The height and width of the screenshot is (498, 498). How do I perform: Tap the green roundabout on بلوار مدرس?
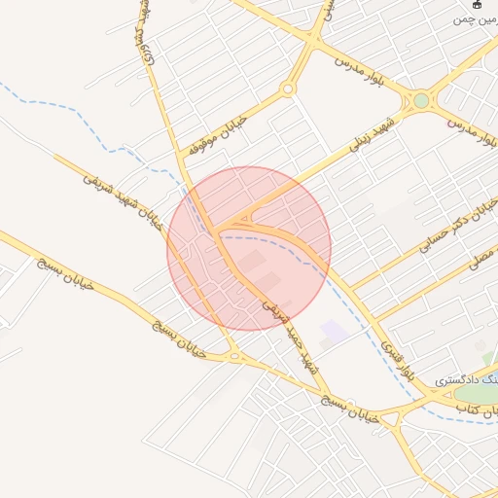pos(420,100)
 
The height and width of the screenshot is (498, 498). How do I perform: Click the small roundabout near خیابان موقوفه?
pos(287,89)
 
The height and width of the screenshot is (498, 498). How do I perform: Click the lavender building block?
pos(334,332)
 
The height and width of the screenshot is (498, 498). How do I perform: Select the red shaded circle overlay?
pos(249,248)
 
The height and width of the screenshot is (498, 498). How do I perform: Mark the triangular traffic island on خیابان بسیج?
pos(234,356)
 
